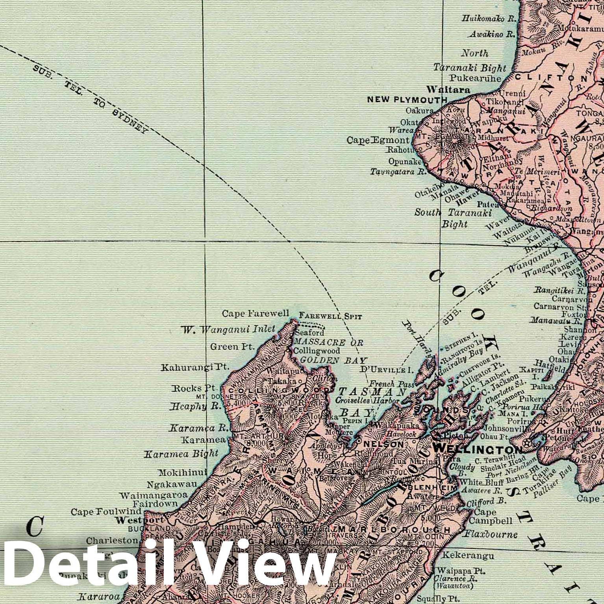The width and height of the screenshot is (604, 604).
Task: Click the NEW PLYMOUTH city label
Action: (x=407, y=100)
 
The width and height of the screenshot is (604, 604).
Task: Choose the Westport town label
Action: (x=128, y=520)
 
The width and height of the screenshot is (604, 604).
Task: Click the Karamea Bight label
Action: (x=182, y=454)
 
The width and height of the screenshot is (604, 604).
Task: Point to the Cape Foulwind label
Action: (x=106, y=512)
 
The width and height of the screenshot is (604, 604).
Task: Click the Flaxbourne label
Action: (x=491, y=534)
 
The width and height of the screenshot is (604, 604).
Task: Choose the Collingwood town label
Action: (x=317, y=350)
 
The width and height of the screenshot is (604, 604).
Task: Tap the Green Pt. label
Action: (x=230, y=347)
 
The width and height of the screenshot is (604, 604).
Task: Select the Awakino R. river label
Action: (x=492, y=35)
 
